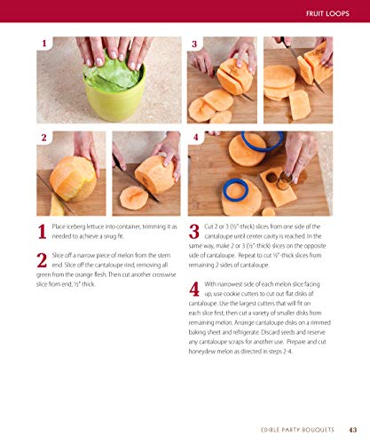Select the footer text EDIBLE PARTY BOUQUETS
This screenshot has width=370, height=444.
(x=297, y=432)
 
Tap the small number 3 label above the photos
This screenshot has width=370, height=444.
(x=194, y=44)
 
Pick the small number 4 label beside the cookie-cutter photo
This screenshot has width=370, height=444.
(x=194, y=138)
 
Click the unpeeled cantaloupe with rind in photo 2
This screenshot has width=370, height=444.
(x=72, y=177)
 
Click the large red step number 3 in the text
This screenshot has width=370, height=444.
(x=194, y=234)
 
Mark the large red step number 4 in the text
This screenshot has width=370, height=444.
(x=194, y=290)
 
